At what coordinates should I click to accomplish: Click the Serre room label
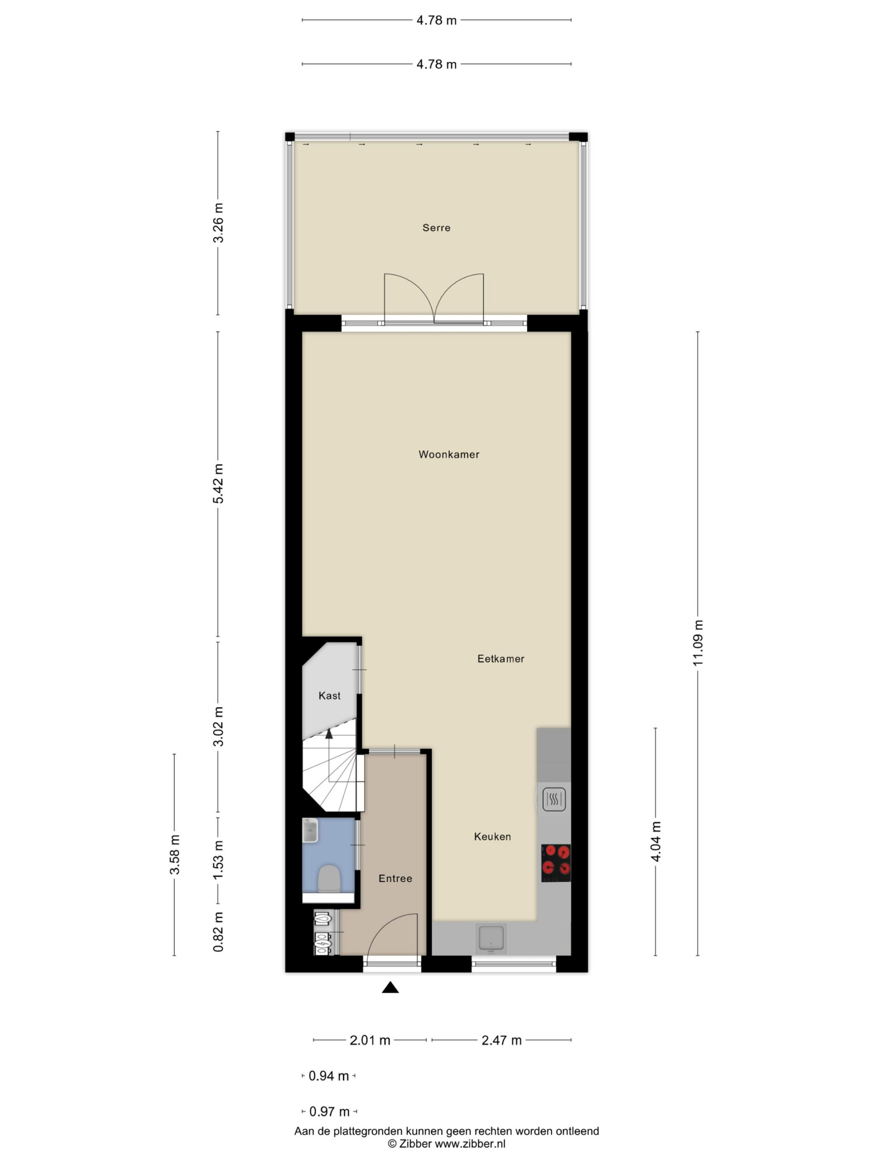pyautogui.click(x=436, y=228)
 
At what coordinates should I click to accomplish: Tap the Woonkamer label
pyautogui.click(x=449, y=454)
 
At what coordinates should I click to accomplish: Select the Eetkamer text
pyautogui.click(x=500, y=659)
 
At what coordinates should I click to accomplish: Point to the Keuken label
pyautogui.click(x=492, y=836)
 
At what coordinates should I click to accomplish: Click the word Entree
pyautogui.click(x=395, y=878)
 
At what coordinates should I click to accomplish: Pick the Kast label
pyautogui.click(x=330, y=696)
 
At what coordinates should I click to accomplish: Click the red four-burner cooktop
pyautogui.click(x=556, y=863)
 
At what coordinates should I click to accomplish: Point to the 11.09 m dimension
pyautogui.click(x=698, y=642)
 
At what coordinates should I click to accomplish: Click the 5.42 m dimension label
pyautogui.click(x=218, y=484)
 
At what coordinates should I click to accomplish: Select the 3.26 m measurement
pyautogui.click(x=218, y=223)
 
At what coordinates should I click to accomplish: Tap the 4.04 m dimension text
pyautogui.click(x=655, y=841)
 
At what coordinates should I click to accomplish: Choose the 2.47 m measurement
pyautogui.click(x=501, y=1040)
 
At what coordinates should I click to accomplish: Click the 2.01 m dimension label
pyautogui.click(x=370, y=1040)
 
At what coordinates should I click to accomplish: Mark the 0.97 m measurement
pyautogui.click(x=330, y=1112)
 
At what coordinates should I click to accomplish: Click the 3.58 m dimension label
pyautogui.click(x=174, y=855)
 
